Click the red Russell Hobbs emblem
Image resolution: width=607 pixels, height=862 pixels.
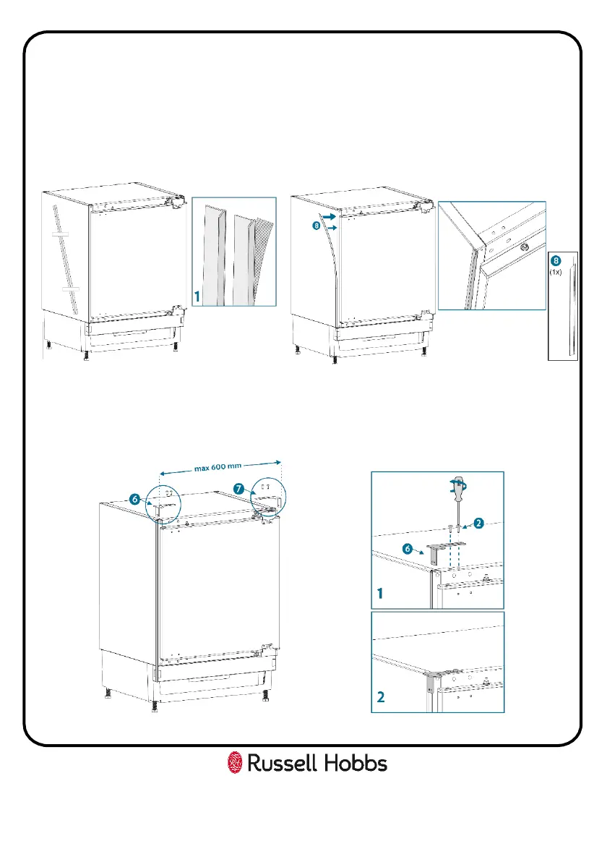tap(234, 763)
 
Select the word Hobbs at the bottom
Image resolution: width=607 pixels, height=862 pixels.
tap(356, 763)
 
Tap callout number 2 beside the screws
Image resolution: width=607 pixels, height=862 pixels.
tap(478, 522)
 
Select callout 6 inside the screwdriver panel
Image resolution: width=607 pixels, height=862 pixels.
tap(408, 549)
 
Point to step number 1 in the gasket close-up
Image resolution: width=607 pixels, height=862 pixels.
tap(197, 296)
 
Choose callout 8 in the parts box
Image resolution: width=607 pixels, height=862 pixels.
tap(556, 260)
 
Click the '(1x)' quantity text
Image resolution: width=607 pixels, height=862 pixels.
tap(556, 272)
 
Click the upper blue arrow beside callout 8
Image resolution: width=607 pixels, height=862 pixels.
tap(330, 215)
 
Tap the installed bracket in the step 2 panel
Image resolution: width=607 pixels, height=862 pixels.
tap(434, 678)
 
